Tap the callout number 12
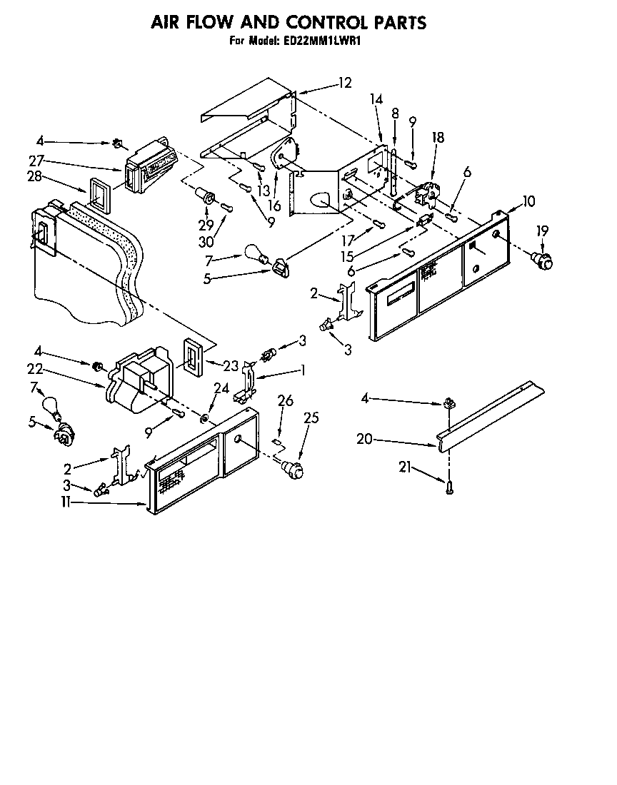tap(345, 83)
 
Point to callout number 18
tap(438, 138)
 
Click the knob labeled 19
tap(546, 260)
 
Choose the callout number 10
tap(528, 201)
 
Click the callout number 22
tap(36, 369)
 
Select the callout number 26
tap(285, 402)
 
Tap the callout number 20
tap(364, 440)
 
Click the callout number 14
tap(376, 101)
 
